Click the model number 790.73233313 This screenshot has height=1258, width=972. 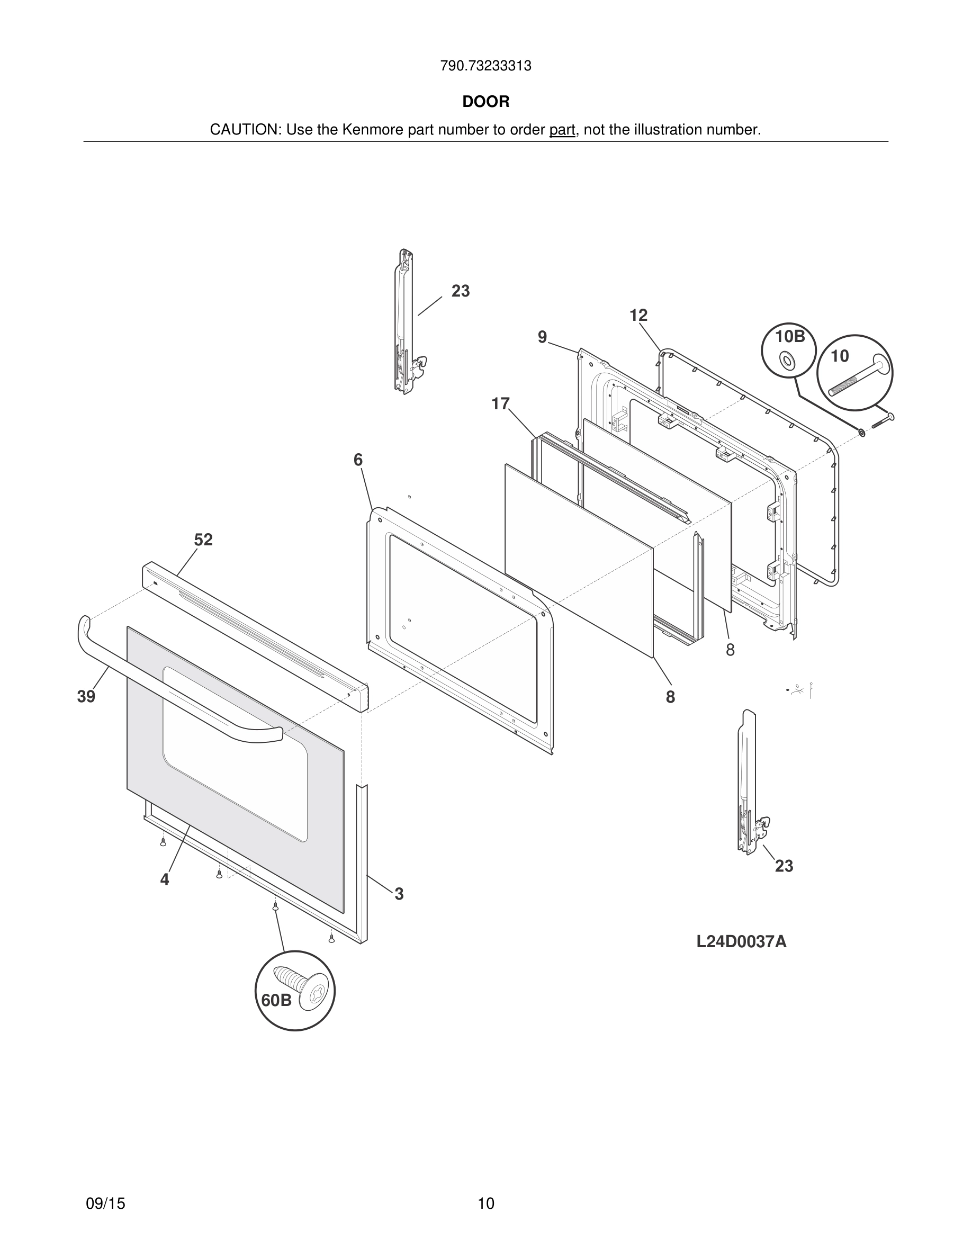485,66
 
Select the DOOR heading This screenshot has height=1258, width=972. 485,102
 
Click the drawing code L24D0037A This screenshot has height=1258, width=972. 741,942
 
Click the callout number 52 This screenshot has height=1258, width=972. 203,540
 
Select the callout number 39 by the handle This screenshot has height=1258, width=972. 86,696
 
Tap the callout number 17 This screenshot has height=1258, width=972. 500,404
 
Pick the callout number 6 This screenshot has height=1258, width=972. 358,460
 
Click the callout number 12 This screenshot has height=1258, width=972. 638,315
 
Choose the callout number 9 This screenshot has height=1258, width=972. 542,337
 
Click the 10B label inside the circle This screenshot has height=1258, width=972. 790,336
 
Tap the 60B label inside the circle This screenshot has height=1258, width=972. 276,1001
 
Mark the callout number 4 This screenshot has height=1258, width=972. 165,879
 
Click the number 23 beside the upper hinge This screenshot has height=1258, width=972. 461,291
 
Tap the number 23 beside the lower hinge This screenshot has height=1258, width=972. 784,866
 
